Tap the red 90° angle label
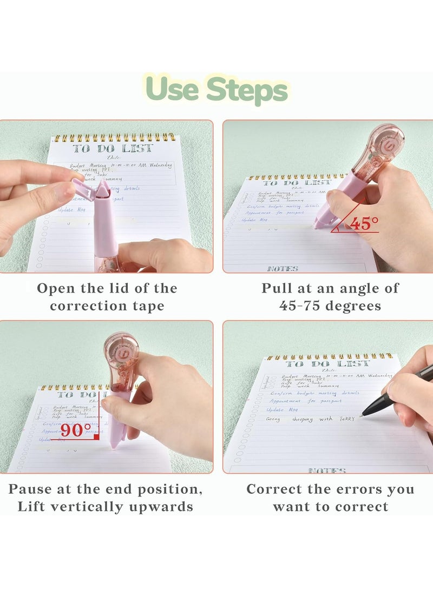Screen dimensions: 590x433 click(x=76, y=430)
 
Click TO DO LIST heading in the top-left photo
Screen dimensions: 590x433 click(x=113, y=148)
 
